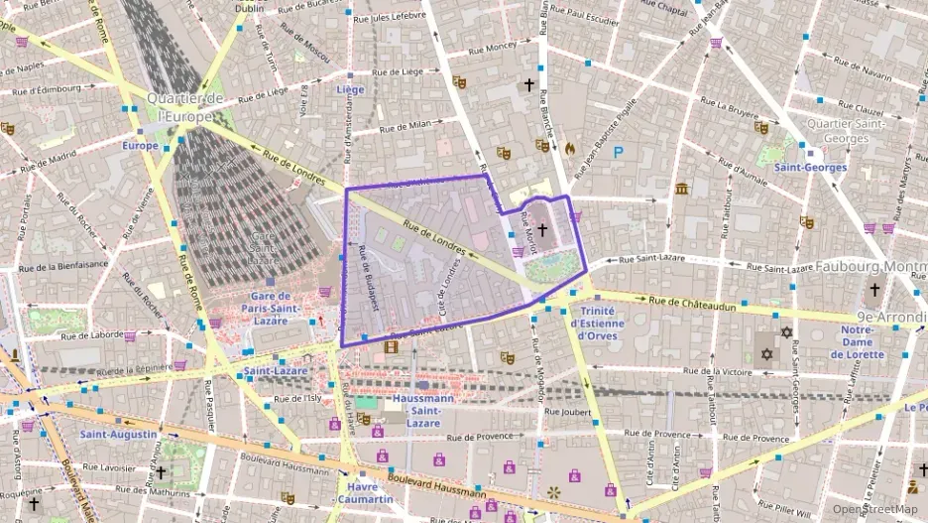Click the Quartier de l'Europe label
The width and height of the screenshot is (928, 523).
click(x=184, y=107)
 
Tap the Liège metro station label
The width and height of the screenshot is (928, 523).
click(x=350, y=89)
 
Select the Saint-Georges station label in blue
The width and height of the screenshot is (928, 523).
click(x=810, y=168)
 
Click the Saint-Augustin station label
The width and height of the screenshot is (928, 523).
click(x=118, y=435)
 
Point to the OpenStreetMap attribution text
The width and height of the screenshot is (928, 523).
click(x=874, y=508)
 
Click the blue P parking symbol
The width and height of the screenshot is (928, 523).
click(x=619, y=152)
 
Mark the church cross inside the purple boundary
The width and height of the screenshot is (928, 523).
click(x=541, y=229)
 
